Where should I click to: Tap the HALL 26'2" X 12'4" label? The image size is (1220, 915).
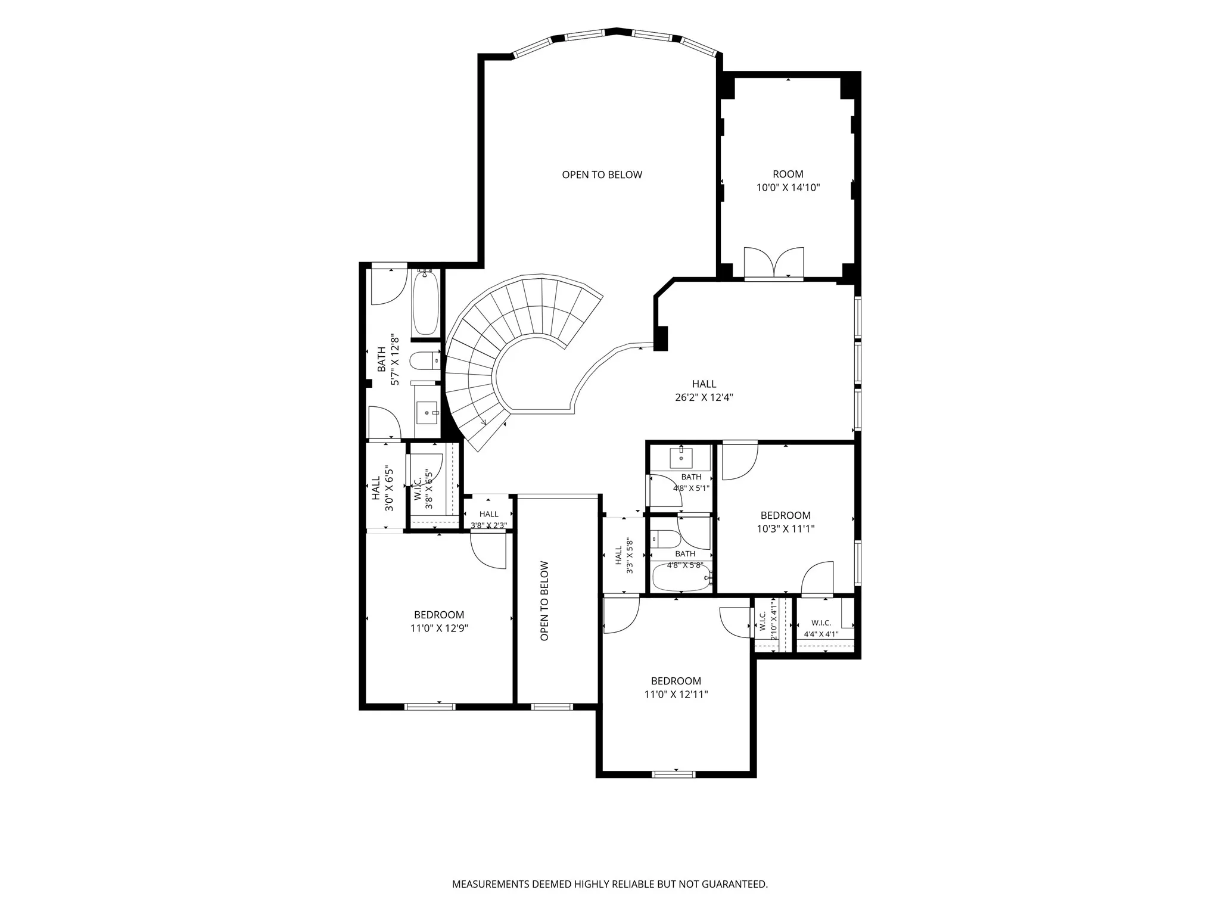[x=704, y=391]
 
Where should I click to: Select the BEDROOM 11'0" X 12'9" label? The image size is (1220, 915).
[x=439, y=621]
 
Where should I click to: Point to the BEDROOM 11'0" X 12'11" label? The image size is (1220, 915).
[x=676, y=687]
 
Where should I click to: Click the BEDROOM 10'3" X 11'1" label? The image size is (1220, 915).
[x=786, y=522]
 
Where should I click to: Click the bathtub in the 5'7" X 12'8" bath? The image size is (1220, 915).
[x=426, y=302]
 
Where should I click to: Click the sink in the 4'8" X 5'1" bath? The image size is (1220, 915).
[x=681, y=458]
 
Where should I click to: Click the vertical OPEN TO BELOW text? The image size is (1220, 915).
[x=544, y=601]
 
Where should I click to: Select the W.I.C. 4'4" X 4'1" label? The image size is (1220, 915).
[x=821, y=628]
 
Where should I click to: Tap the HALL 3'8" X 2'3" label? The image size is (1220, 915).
[x=489, y=519]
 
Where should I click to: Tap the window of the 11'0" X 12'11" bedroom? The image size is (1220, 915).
[x=674, y=774]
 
